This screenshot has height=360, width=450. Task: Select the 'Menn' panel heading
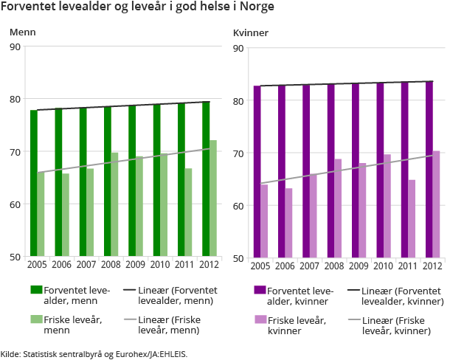click(22, 32)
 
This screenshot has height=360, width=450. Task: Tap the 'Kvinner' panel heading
click(250, 34)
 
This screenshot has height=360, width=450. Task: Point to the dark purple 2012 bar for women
click(429, 170)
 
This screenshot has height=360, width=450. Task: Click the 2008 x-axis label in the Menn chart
click(111, 264)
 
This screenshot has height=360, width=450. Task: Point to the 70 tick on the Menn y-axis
click(15, 152)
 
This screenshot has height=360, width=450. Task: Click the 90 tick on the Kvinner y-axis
click(238, 49)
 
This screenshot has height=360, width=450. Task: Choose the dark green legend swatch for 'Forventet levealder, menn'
click(36, 290)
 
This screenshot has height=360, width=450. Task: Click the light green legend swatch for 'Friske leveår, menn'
click(36, 319)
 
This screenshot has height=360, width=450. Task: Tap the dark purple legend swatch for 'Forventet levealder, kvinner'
click(259, 290)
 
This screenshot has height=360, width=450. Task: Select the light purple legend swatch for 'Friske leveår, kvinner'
click(259, 319)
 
